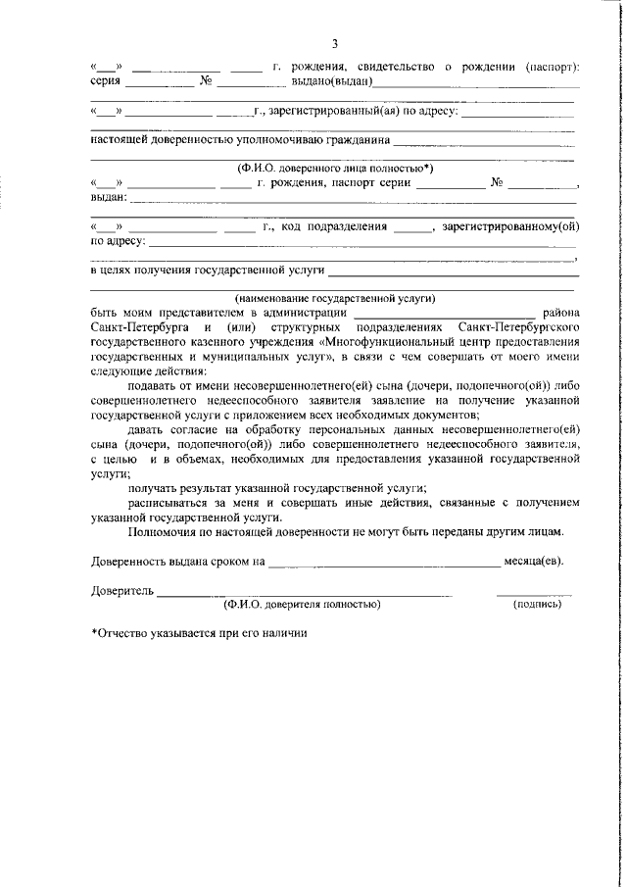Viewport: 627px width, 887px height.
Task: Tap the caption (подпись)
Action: [x=537, y=605]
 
